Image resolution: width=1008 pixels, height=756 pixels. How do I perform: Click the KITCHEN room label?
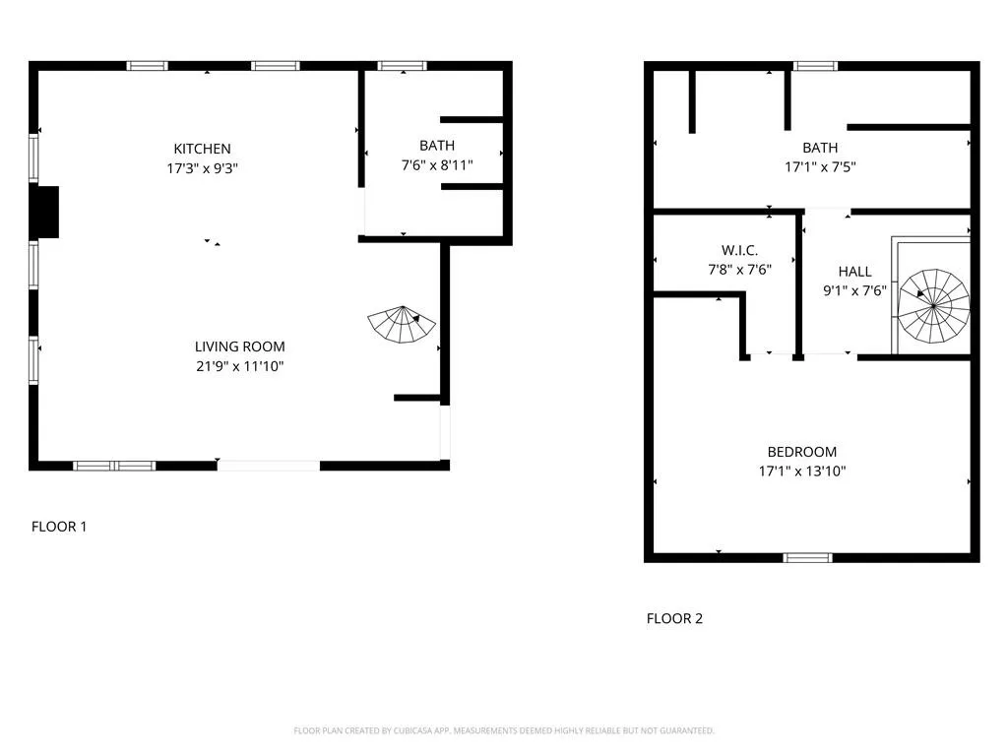pos(203,149)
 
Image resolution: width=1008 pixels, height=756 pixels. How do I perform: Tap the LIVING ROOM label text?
pos(239,346)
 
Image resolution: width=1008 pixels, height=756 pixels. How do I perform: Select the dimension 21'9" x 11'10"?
pos(239,366)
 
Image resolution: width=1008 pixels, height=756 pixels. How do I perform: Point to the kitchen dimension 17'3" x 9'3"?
pos(203,168)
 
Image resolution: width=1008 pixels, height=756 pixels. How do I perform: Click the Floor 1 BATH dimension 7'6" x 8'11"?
pos(436,165)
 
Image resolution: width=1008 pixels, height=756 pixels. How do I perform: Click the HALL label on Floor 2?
pos(854,271)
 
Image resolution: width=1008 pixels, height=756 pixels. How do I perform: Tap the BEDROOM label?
pos(803,452)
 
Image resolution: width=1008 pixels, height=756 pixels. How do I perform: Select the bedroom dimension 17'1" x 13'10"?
pos(803,472)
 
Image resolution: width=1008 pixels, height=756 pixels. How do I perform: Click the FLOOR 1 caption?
pos(59,527)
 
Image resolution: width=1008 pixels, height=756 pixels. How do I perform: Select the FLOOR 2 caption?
pos(674,619)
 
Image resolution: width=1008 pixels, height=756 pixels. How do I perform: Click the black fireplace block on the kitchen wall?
pos(45,212)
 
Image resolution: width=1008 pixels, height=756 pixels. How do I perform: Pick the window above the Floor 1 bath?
pos(403,66)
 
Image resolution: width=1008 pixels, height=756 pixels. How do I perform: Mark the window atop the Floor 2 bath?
pos(815,66)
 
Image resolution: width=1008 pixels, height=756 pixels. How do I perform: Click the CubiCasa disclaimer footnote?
pos(504,730)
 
